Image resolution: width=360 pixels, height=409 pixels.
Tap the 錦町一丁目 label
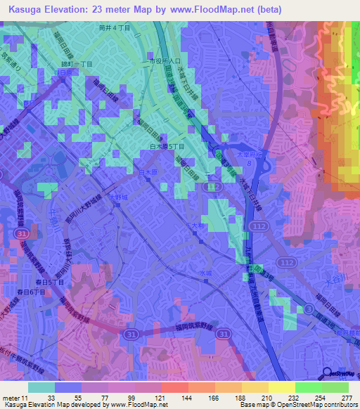pos(76,63)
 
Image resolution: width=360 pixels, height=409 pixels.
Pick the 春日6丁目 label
pos(32,291)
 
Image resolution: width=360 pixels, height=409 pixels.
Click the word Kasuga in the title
pos(20,9)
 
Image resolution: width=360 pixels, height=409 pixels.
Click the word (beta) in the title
pos(271,9)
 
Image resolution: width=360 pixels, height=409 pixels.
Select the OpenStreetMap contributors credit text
pos(310,405)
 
